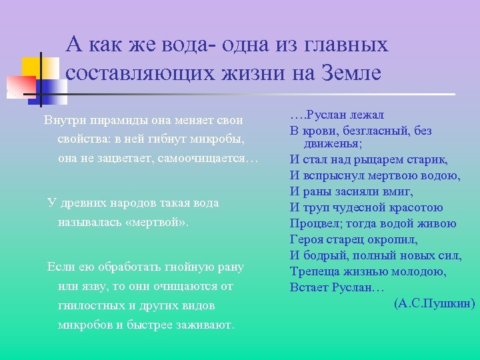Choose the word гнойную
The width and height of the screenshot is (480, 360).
(x=183, y=267)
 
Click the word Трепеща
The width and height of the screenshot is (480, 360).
(x=314, y=272)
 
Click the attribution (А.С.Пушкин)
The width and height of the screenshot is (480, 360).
(x=435, y=303)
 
